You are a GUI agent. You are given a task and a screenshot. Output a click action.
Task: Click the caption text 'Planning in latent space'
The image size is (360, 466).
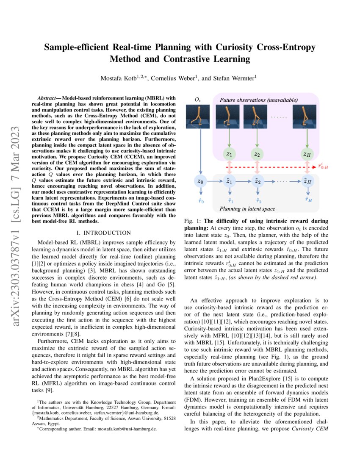247,209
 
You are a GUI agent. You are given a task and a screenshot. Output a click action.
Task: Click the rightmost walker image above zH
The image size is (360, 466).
307,117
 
